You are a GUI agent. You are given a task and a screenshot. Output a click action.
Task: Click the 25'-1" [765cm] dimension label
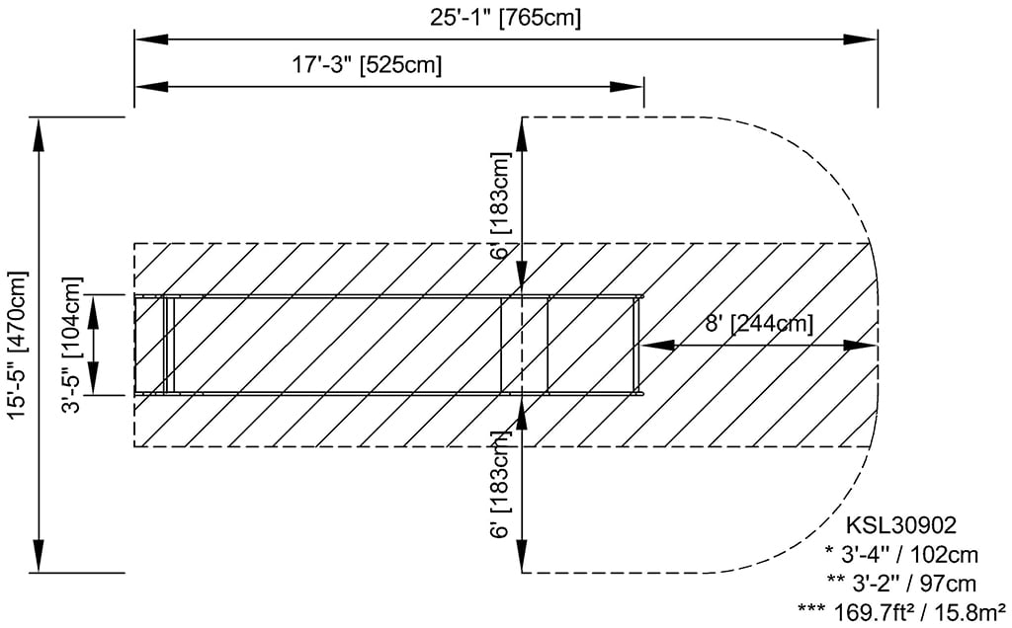tap(506, 17)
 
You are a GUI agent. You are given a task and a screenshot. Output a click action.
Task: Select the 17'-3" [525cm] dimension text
tap(367, 66)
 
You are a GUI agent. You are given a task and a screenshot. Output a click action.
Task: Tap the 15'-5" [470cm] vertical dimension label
tap(17, 345)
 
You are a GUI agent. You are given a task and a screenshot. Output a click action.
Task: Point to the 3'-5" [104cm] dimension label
tap(72, 345)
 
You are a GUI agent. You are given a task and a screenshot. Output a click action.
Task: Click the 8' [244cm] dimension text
tap(759, 324)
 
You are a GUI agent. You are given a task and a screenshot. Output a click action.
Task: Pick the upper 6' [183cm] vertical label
tap(503, 205)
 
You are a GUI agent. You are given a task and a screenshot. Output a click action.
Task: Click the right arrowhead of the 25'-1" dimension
tap(866, 39)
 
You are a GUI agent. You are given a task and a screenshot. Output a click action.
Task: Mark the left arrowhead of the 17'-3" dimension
tap(146, 87)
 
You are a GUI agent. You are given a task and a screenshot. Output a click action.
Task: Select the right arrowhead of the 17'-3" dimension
tap(632, 87)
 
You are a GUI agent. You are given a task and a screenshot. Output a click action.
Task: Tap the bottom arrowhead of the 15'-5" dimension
tap(40, 560)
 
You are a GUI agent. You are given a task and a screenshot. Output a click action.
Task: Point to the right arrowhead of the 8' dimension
tap(864, 346)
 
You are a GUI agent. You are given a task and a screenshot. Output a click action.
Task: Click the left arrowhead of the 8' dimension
tap(653, 346)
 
